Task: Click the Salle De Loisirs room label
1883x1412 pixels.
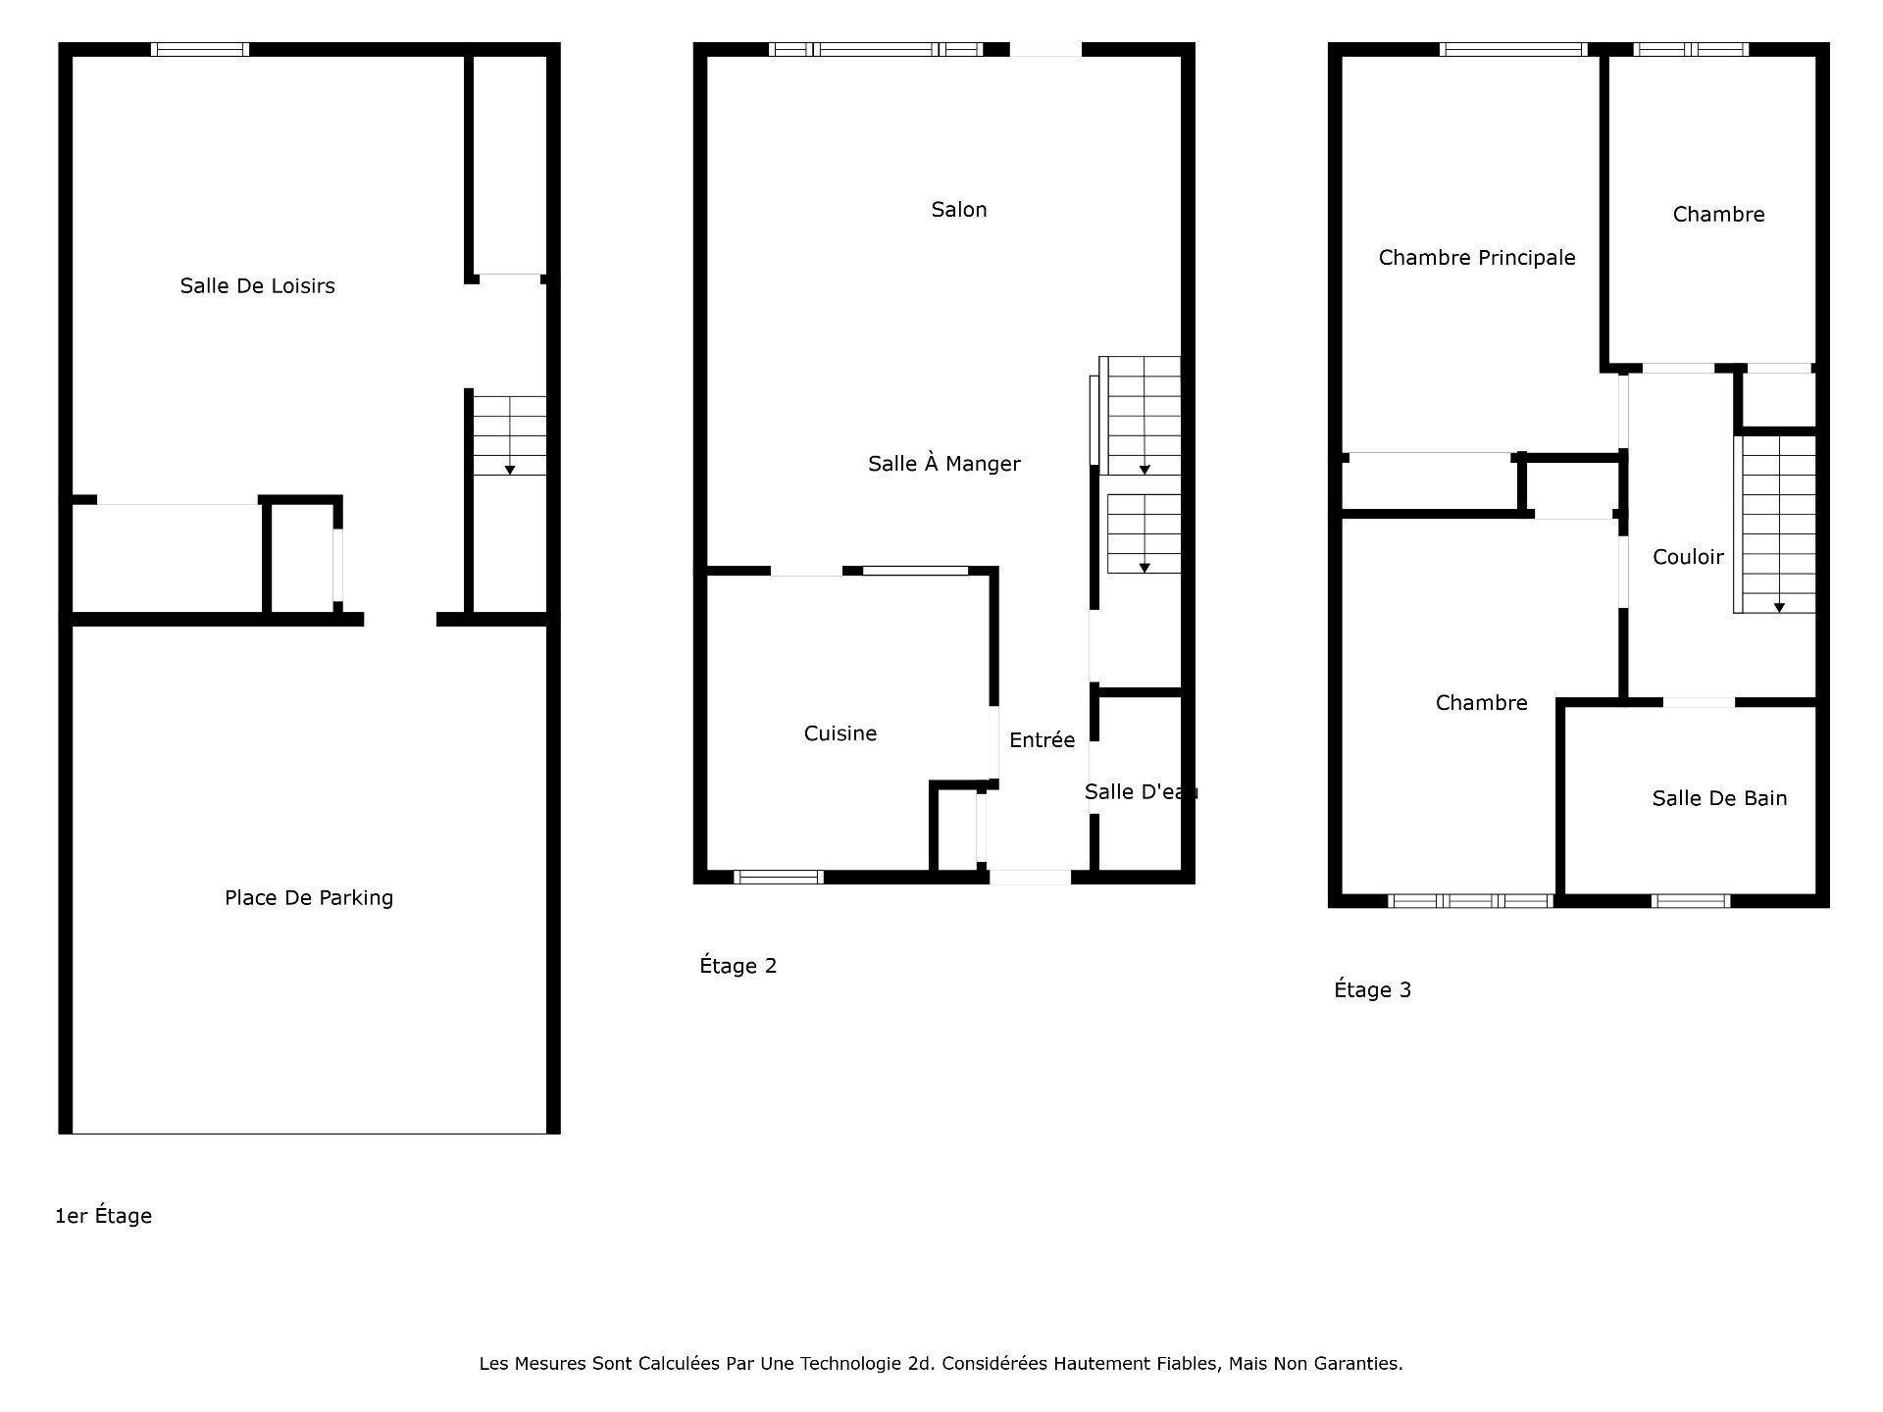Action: (257, 285)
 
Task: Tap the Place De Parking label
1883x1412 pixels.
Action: (309, 897)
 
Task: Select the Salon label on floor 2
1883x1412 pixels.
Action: (959, 209)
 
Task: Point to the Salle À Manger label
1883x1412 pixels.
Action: (944, 463)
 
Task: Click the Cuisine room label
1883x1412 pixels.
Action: (840, 733)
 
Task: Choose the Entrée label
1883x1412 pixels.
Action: (1042, 740)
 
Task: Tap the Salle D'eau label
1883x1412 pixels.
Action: (1141, 792)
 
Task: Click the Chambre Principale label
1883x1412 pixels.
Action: (1477, 258)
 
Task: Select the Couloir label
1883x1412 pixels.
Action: (1688, 557)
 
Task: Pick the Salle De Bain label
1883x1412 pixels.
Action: (1719, 798)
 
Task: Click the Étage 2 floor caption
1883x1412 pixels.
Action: (738, 966)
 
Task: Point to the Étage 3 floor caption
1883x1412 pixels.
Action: (1373, 989)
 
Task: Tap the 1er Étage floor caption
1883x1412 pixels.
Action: (104, 1216)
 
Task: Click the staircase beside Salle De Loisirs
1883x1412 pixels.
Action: (509, 435)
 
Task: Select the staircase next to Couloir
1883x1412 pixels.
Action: (1775, 525)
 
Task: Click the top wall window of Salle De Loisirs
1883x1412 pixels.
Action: (200, 49)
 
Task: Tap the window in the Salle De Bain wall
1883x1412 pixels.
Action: (1691, 901)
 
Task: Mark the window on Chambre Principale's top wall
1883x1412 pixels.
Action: (1514, 49)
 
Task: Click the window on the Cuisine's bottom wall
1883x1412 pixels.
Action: (779, 878)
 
